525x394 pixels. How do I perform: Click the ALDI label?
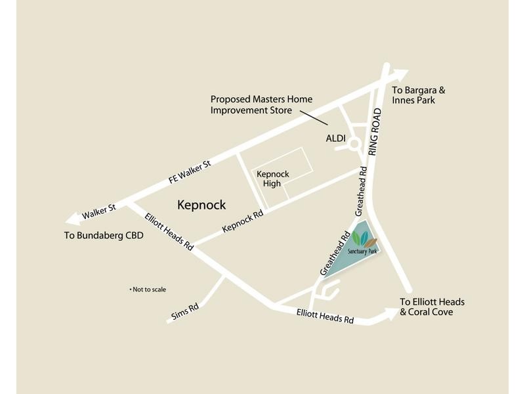337,139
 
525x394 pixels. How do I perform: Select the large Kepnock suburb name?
201,205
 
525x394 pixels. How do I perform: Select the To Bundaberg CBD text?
104,234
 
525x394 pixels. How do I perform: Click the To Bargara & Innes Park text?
413,95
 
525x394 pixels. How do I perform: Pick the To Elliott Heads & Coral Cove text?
432,307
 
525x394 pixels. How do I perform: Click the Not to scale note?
150,289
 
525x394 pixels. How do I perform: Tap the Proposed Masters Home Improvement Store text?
261,104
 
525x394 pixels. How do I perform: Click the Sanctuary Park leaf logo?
363,237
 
